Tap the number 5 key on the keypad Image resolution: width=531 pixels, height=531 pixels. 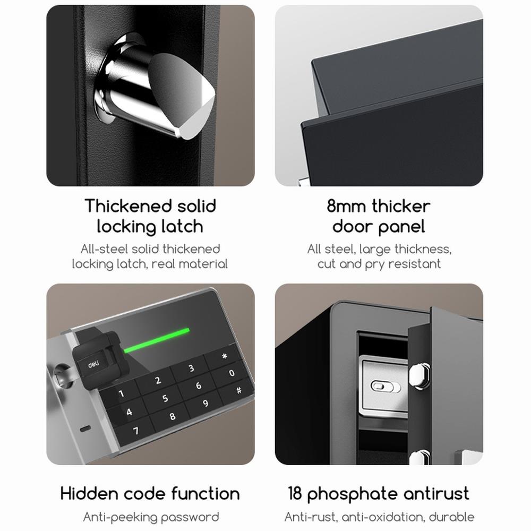coord(165,398)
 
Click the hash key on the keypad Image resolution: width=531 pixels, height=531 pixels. coord(239,390)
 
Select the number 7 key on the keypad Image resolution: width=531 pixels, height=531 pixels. coord(136,431)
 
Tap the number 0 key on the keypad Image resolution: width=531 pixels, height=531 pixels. coord(232,373)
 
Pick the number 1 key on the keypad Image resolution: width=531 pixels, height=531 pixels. coord(121,393)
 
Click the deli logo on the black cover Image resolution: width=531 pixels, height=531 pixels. coord(93,364)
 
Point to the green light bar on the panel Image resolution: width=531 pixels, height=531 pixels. coord(157,340)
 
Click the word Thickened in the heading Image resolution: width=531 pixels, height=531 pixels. coord(127,206)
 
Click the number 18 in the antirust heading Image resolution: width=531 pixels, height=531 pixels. coord(295,493)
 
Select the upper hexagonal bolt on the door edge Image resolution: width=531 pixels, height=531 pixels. coord(419,375)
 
